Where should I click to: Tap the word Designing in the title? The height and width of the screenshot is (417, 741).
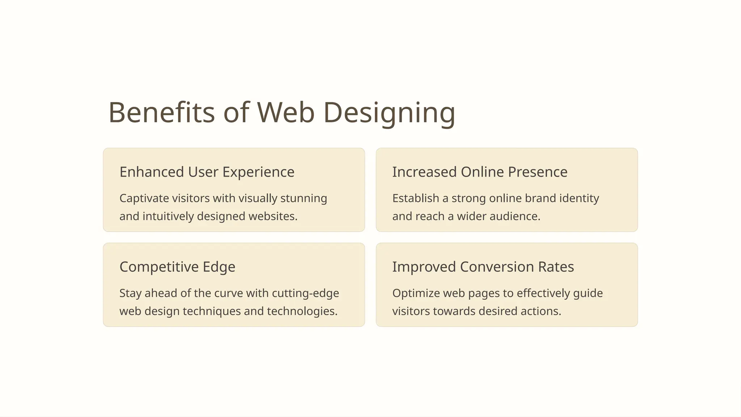pos(389,113)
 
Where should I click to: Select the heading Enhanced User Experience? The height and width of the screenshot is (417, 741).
pos(207,172)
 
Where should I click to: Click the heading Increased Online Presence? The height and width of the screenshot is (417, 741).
pos(480,172)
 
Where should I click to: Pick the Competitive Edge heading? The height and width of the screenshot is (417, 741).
pos(177,267)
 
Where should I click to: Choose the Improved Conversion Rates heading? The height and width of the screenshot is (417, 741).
pos(483,267)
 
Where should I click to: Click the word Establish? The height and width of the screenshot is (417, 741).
pos(416,198)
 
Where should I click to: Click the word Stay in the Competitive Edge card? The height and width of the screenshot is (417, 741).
pos(130,293)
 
